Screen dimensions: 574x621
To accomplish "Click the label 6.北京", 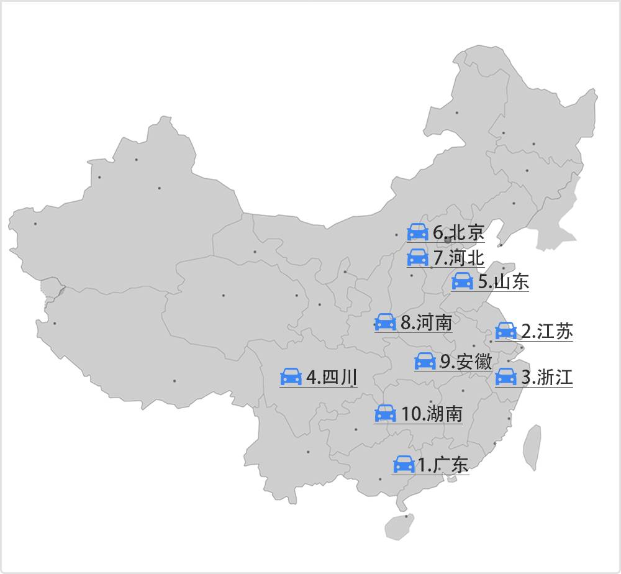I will pyautogui.click(x=458, y=233).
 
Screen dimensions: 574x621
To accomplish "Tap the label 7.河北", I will pyautogui.click(x=458, y=257).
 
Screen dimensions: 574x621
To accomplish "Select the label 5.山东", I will pyautogui.click(x=503, y=282).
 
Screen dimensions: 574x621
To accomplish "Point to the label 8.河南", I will pyautogui.click(x=426, y=322).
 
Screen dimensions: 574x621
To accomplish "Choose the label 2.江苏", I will pyautogui.click(x=546, y=331).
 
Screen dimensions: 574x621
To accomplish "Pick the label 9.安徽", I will pyautogui.click(x=466, y=362).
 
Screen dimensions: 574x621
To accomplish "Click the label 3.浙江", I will pyautogui.click(x=546, y=377).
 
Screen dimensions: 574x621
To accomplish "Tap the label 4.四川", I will pyautogui.click(x=332, y=377).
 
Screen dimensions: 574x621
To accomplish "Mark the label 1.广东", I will pyautogui.click(x=442, y=465).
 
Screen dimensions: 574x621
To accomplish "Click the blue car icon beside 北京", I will pyautogui.click(x=418, y=232).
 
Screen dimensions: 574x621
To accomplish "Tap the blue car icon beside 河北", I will pyautogui.click(x=418, y=257).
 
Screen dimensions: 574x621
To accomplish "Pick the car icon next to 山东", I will pyautogui.click(x=462, y=281).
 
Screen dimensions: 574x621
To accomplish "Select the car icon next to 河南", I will pyautogui.click(x=385, y=322).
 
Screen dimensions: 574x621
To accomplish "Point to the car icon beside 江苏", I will pyautogui.click(x=505, y=331).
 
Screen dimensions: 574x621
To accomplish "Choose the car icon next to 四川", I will pyautogui.click(x=291, y=376).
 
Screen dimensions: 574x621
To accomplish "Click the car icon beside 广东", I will pyautogui.click(x=404, y=465).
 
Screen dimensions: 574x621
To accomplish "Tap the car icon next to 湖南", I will pyautogui.click(x=386, y=414).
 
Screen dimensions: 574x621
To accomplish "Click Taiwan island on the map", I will pyautogui.click(x=532, y=446).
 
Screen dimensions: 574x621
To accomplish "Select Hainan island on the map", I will pyautogui.click(x=399, y=527).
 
